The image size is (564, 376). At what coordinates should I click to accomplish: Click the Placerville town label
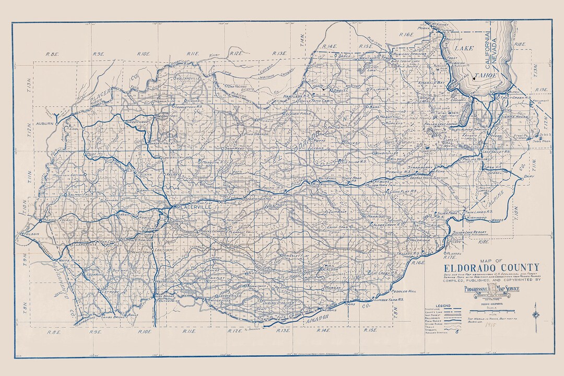[194, 207]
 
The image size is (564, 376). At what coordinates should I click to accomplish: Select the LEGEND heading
[443, 305]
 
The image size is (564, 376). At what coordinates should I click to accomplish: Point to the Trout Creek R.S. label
[514, 97]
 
